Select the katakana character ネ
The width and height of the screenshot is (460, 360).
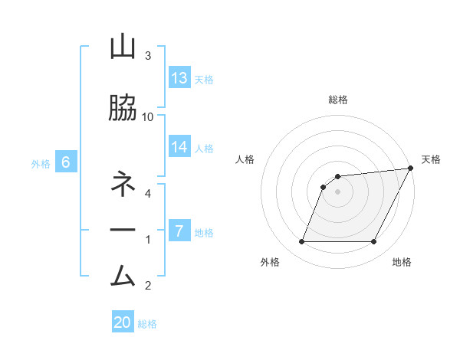123,185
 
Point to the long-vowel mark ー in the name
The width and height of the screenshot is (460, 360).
123,230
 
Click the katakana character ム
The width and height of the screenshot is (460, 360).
123,274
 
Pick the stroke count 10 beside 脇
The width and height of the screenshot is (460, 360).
148,116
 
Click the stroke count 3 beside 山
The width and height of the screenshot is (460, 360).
148,56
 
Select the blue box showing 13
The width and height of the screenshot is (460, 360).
179,78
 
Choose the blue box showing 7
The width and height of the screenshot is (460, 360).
179,231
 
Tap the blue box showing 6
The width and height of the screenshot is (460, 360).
67,162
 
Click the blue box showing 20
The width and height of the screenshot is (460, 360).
123,322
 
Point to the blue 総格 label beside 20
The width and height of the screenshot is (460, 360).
147,323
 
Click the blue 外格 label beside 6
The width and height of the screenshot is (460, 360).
41,163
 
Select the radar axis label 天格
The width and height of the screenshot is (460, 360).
431,159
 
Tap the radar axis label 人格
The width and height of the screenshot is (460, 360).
245,159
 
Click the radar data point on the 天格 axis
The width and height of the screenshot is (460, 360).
411,169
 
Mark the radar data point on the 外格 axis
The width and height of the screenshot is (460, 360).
301,242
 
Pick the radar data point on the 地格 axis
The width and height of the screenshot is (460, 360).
374,242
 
